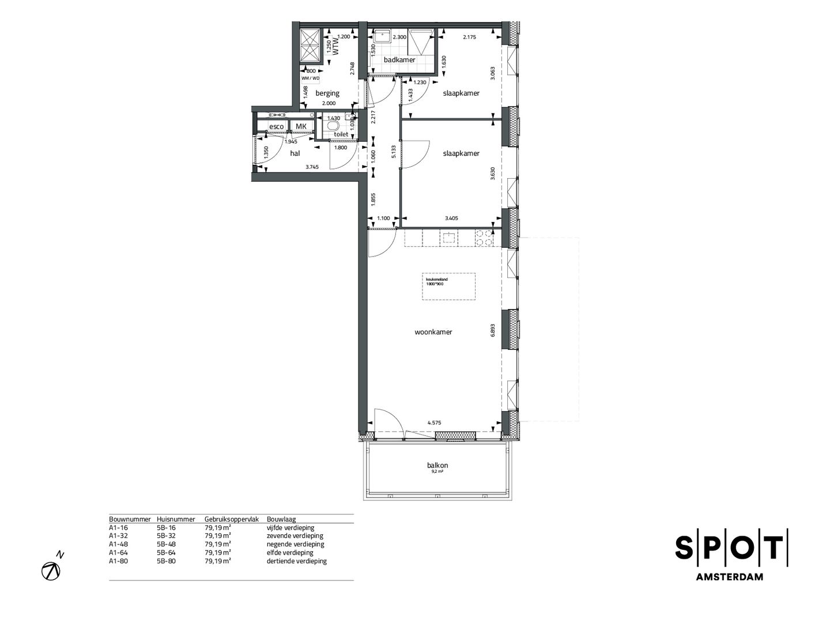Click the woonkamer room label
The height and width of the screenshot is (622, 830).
tap(433, 332)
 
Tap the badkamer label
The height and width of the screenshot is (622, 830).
tap(399, 59)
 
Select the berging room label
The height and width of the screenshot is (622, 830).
tap(327, 93)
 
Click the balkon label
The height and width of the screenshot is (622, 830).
tap(437, 465)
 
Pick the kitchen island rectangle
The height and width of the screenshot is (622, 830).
tap(448, 286)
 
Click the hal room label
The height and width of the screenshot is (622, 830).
tap(295, 153)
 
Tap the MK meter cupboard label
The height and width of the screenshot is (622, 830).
tap(301, 127)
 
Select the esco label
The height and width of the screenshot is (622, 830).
tap(277, 127)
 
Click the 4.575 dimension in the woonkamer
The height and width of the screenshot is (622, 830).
tap(434, 423)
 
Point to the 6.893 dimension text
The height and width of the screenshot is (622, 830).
tap(493, 329)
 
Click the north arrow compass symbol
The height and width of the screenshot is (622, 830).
tap(51, 570)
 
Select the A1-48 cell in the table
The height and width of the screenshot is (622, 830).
tap(118, 544)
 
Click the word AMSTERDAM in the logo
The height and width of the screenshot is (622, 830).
tap(730, 577)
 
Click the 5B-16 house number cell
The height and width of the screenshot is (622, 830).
tap(166, 527)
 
